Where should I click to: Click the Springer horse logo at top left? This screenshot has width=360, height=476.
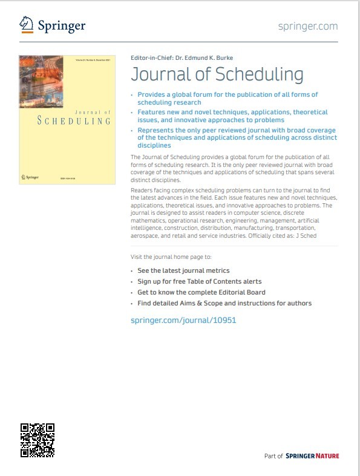[x=26, y=24]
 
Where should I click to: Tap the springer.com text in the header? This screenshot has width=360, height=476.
[x=308, y=26]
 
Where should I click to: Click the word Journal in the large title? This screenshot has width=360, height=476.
[x=157, y=74]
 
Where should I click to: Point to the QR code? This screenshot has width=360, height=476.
[x=38, y=440]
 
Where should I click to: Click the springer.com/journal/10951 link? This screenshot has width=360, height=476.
[x=183, y=320]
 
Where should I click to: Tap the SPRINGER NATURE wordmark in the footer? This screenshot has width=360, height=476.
[x=312, y=456]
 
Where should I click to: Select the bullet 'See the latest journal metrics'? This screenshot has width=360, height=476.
[x=183, y=270]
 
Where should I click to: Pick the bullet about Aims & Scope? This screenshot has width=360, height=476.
[x=224, y=303]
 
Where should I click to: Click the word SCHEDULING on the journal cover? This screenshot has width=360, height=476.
[x=74, y=121]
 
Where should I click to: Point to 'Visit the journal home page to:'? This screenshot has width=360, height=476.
[x=171, y=257]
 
